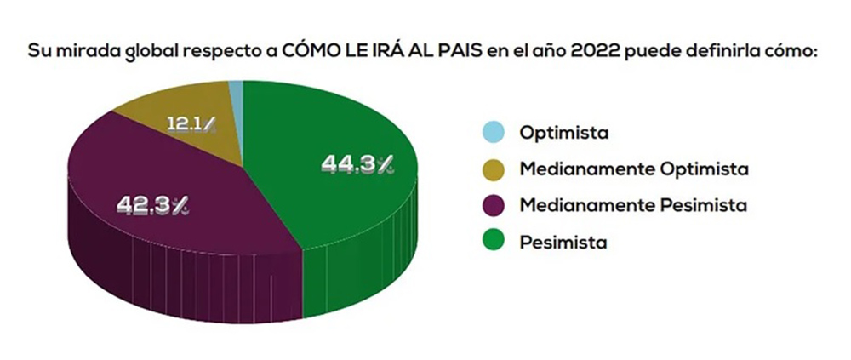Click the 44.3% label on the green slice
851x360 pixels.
(x=357, y=164)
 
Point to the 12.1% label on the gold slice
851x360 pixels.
(x=191, y=125)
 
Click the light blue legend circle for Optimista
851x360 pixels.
(x=492, y=133)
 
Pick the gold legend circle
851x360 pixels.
(x=492, y=169)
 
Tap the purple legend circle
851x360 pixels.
(x=492, y=205)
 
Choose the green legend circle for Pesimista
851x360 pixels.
(x=492, y=242)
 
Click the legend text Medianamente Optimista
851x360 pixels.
(x=633, y=169)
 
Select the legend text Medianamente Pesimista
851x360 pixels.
(x=632, y=205)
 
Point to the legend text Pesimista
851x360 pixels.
(x=563, y=242)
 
